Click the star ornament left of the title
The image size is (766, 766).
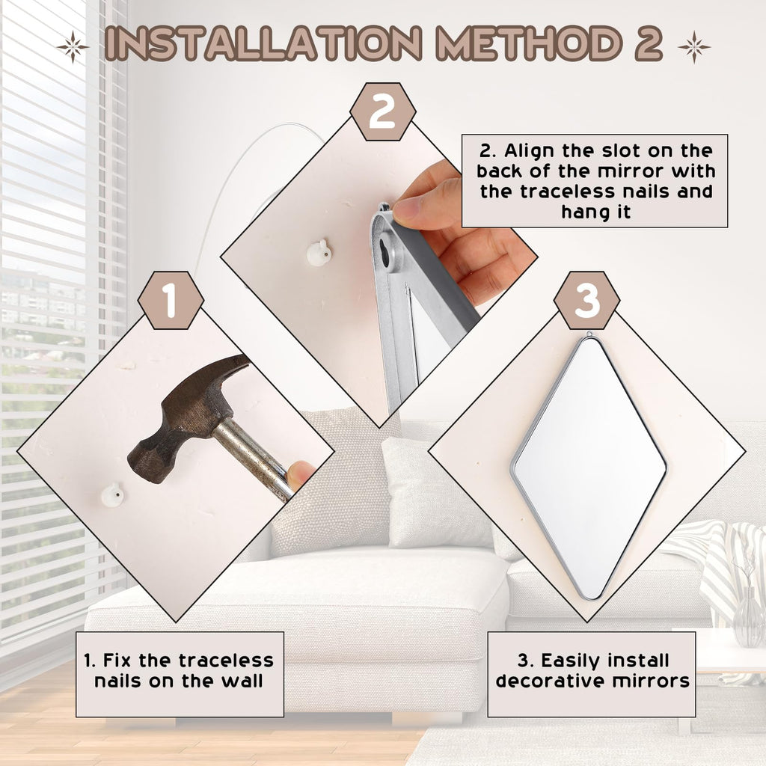pos(73,47)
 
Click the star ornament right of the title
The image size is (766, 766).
pos(693,47)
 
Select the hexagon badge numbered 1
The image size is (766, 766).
pos(171,300)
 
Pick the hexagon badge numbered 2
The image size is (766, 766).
pos(382,112)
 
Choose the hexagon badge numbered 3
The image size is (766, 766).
pos(586,300)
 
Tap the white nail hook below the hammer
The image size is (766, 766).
pos(112,495)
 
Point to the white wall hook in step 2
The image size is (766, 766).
pos(319,253)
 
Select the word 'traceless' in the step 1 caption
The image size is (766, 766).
pos(226,661)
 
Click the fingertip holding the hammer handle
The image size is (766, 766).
pos(299,474)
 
